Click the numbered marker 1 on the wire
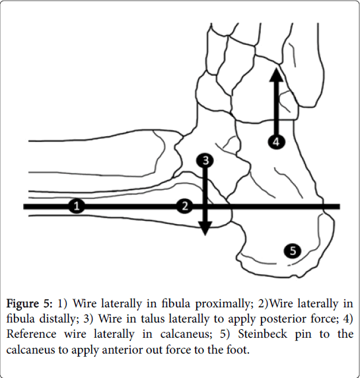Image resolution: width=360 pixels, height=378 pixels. [77, 206]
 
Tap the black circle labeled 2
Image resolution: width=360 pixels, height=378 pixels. [185, 206]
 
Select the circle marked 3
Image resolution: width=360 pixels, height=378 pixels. [205, 161]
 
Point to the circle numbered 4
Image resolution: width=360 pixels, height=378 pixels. [276, 141]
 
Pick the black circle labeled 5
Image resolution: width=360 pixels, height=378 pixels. [293, 250]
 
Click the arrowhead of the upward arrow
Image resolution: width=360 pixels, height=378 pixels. [276, 75]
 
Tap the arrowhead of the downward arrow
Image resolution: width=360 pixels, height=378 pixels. [205, 228]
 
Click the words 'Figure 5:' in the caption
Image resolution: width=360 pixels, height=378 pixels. [29, 304]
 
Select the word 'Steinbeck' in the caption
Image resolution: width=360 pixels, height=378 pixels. [263, 334]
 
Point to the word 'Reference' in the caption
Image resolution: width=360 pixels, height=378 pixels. [31, 334]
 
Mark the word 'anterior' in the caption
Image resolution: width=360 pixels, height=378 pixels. [122, 350]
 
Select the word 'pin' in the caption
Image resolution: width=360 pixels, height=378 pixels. [303, 335]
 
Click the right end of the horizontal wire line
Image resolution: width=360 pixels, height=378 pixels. [340, 206]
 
